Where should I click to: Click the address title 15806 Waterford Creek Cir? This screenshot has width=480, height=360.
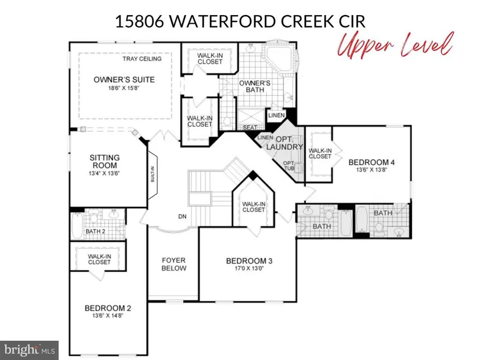240,22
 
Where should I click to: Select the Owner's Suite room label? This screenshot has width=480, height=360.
124,80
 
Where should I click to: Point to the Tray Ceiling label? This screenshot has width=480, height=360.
142,59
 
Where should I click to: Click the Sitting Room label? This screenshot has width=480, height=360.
105,162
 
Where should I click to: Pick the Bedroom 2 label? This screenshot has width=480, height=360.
108,308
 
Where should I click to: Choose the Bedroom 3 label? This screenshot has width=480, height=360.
249,261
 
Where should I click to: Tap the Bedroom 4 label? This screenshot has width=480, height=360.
372,162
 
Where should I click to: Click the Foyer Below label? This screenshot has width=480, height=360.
174,264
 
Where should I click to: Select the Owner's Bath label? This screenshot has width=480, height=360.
255,86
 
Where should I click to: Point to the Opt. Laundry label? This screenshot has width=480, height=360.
285,143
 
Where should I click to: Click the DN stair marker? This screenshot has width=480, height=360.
183,216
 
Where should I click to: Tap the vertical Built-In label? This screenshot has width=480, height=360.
153,174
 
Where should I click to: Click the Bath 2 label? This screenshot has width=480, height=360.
95,231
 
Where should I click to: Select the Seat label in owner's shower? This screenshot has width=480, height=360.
250,127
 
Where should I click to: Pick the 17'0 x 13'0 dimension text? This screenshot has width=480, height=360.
249,269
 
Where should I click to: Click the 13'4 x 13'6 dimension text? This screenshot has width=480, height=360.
104,173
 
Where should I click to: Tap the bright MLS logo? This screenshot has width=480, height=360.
30,350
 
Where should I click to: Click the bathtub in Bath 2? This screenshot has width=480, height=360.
77,226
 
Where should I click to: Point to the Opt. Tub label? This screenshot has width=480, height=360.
289,166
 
